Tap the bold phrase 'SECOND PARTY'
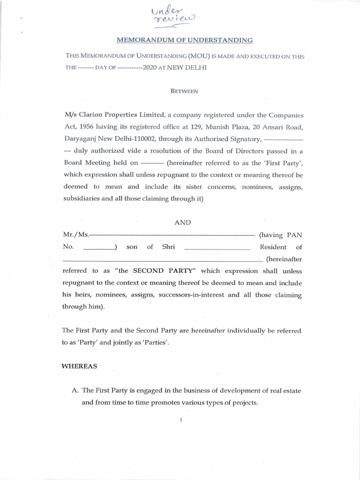coord(157,271)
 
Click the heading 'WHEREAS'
coord(79,367)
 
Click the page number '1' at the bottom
coord(180,420)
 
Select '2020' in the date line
coord(152,67)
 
